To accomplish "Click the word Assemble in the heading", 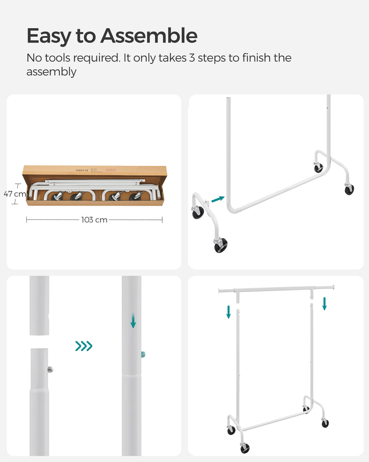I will pyautogui.click(x=149, y=36).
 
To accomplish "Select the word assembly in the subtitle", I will pyautogui.click(x=51, y=72).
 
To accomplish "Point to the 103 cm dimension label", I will pyautogui.click(x=94, y=220).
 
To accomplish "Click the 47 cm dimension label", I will pyautogui.click(x=15, y=194).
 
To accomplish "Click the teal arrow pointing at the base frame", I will pyautogui.click(x=218, y=200).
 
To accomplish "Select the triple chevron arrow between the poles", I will pyautogui.click(x=83, y=346).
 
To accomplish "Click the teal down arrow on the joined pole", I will pyautogui.click(x=133, y=321).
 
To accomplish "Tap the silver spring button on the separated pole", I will pyautogui.click(x=50, y=369).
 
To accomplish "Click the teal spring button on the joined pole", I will pyautogui.click(x=143, y=354).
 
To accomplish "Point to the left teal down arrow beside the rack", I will pyautogui.click(x=228, y=311).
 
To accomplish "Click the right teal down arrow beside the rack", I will pyautogui.click(x=324, y=304).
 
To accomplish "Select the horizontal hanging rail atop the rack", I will pyautogui.click(x=275, y=289).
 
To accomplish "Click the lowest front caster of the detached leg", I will pyautogui.click(x=220, y=245).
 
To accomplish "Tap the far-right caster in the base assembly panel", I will pyautogui.click(x=349, y=189).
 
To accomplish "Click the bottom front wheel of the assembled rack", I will pyautogui.click(x=245, y=448).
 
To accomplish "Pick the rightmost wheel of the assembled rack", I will pyautogui.click(x=325, y=423).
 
